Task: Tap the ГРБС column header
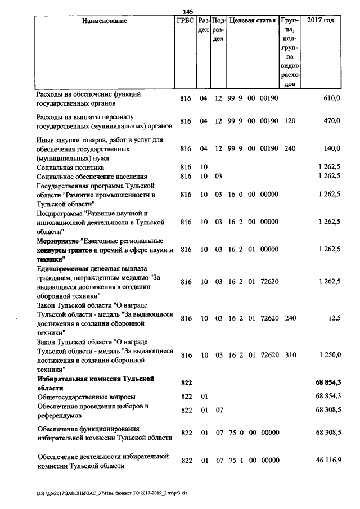click(185, 21)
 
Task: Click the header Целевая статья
click(253, 21)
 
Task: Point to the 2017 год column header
click(321, 21)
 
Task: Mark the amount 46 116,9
click(328, 460)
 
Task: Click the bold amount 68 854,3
click(328, 383)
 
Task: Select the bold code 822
click(187, 383)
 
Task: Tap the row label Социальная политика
click(70, 168)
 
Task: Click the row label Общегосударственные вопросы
click(82, 397)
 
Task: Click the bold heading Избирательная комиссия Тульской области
click(95, 384)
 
